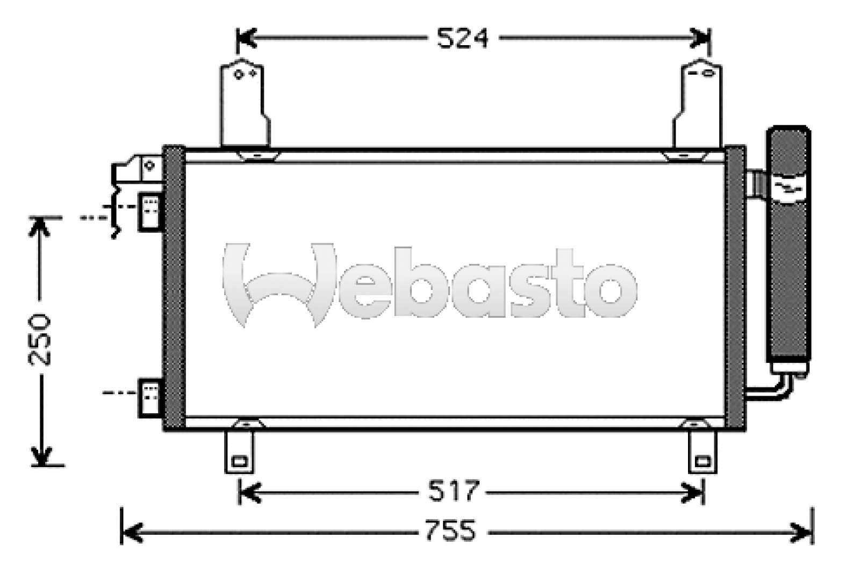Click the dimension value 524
coord(462,38)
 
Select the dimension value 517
coord(453,491)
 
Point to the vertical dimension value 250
coord(40,339)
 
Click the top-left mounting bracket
coord(243,105)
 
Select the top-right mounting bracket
coord(697,105)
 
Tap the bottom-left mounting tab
coord(239,453)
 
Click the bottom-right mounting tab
coord(703,453)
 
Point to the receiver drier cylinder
coord(789,247)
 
